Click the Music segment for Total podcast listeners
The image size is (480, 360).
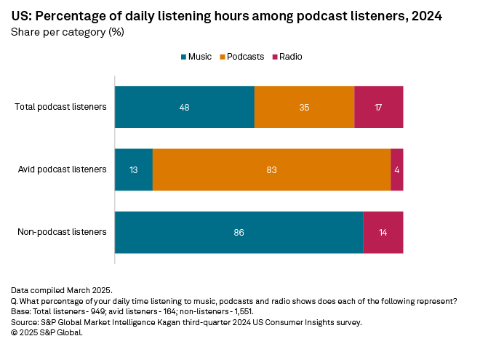point(185,107)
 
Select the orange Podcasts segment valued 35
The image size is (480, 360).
point(304,107)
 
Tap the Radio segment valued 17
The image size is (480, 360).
point(379,107)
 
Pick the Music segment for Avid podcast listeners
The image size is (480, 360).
point(134,169)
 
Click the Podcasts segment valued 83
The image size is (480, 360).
point(271,169)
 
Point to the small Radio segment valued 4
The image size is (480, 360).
point(397,169)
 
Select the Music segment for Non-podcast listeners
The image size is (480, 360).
point(239,233)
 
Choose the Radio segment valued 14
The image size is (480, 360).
point(383,233)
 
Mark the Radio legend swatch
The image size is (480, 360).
point(274,56)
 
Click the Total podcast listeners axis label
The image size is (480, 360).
point(61,107)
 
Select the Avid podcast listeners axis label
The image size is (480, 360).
point(63,169)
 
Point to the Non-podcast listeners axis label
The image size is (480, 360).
point(62,233)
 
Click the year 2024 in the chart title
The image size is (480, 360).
point(428,15)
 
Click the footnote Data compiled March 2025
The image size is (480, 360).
point(62,290)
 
